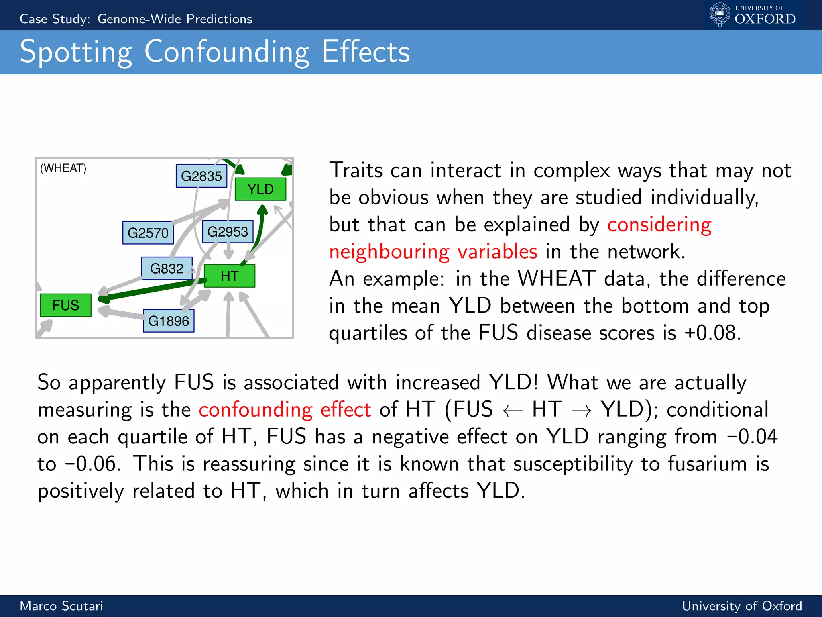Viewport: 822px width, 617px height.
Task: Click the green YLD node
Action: point(260,189)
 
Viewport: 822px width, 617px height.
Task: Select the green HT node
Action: point(229,276)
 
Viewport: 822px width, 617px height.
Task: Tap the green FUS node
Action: point(65,305)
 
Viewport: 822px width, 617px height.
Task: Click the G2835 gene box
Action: point(201,176)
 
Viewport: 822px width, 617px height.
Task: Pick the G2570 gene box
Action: point(148,233)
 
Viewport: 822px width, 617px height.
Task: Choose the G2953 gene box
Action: point(228,231)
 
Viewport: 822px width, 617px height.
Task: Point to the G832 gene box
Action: point(167,268)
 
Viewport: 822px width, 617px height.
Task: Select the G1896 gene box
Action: point(169,321)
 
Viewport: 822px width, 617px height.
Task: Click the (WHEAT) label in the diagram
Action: point(63,168)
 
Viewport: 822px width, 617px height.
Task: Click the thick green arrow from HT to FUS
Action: point(153,290)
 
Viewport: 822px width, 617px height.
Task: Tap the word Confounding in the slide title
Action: point(227,52)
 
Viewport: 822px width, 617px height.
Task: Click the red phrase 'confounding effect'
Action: point(285,410)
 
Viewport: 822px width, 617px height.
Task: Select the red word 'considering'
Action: point(659,225)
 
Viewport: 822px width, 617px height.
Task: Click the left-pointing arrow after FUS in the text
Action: point(513,411)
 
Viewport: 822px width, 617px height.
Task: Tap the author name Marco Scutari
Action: point(61,606)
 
